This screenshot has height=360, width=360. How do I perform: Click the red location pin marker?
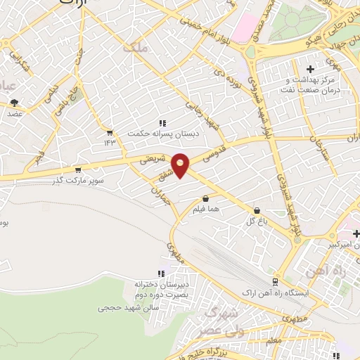click(x=181, y=165)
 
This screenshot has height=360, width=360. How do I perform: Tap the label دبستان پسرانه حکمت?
click(x=158, y=132)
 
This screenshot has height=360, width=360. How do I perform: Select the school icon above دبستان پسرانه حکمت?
click(x=162, y=123)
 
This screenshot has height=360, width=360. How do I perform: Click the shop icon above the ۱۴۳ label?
click(x=110, y=131)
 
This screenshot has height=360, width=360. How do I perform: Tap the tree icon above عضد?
click(x=14, y=103)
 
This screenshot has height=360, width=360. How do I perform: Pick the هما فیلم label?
click(x=205, y=209)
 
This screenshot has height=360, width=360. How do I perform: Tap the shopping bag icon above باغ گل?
click(x=256, y=210)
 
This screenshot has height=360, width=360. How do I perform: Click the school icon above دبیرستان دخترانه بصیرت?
click(x=161, y=274)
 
